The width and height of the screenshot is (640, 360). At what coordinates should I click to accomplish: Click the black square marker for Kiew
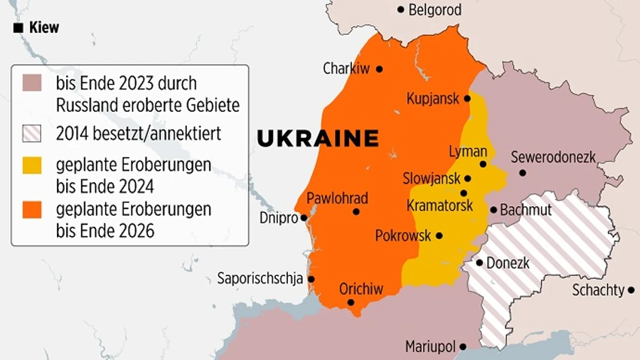pos(18,28)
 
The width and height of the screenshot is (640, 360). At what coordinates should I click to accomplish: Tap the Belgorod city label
pos(435,10)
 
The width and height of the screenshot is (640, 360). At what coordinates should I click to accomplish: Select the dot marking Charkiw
pos(379,69)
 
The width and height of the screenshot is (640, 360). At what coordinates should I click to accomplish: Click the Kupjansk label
pos(433,99)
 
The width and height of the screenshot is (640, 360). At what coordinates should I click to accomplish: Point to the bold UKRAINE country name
pos(317,139)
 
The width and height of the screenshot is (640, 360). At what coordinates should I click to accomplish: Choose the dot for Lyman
pos(483,164)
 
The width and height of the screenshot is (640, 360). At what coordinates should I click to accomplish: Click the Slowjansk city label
pos(431,179)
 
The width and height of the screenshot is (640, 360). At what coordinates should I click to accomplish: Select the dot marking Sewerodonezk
pos(523,172)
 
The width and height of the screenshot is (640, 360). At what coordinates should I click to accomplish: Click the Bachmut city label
pos(526,211)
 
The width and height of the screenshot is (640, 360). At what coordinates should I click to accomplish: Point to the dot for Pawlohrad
pos(356,211)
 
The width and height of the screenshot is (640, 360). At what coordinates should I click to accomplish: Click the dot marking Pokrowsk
pos(439,235)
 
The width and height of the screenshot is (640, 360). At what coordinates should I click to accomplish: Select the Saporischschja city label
pos(260,278)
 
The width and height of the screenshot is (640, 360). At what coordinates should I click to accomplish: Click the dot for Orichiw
pos(351,302)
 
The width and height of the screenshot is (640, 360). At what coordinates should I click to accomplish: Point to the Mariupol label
pos(430,347)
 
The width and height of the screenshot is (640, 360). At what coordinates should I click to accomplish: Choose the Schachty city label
pos(598,290)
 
